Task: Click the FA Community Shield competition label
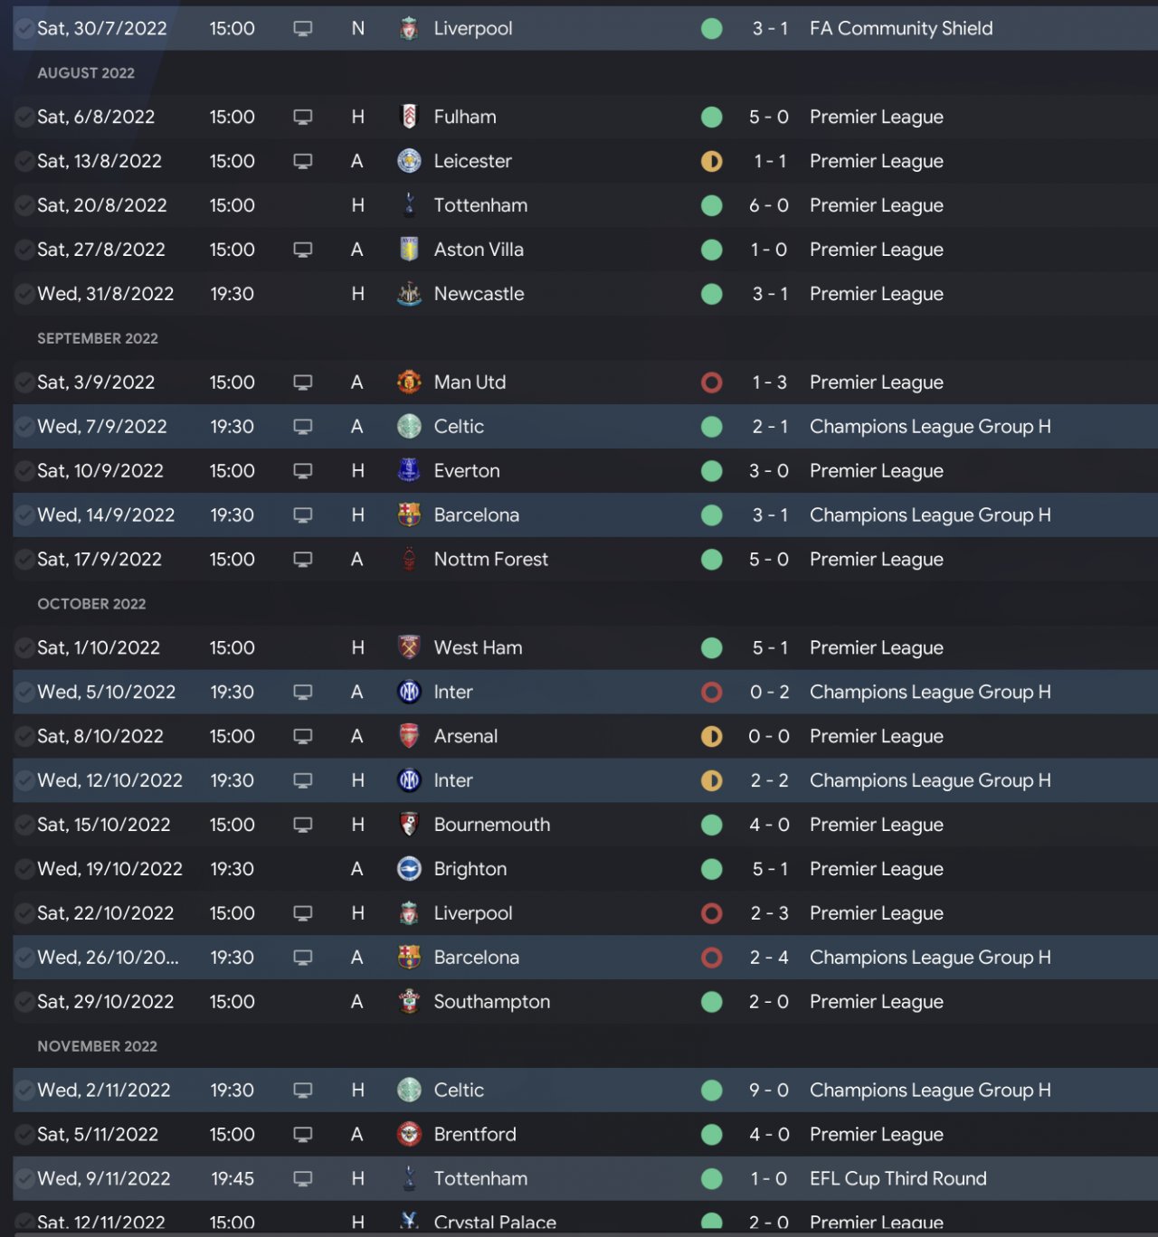901,28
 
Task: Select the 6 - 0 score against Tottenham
768,205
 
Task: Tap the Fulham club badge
409,117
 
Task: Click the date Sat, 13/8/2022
100,161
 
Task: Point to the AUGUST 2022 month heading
86,72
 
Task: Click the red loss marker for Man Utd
712,382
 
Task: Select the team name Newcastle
479,294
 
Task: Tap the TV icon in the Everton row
303,471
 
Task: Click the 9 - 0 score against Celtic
768,1090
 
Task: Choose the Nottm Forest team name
490,559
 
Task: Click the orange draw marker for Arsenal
712,736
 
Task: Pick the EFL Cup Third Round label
897,1178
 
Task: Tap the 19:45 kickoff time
233,1178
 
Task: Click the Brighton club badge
409,869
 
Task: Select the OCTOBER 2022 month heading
91,603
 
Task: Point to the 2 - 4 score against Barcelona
768,957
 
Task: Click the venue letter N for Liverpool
358,28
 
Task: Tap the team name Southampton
491,1001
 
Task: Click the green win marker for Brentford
712,1134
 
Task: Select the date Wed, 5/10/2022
106,692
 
